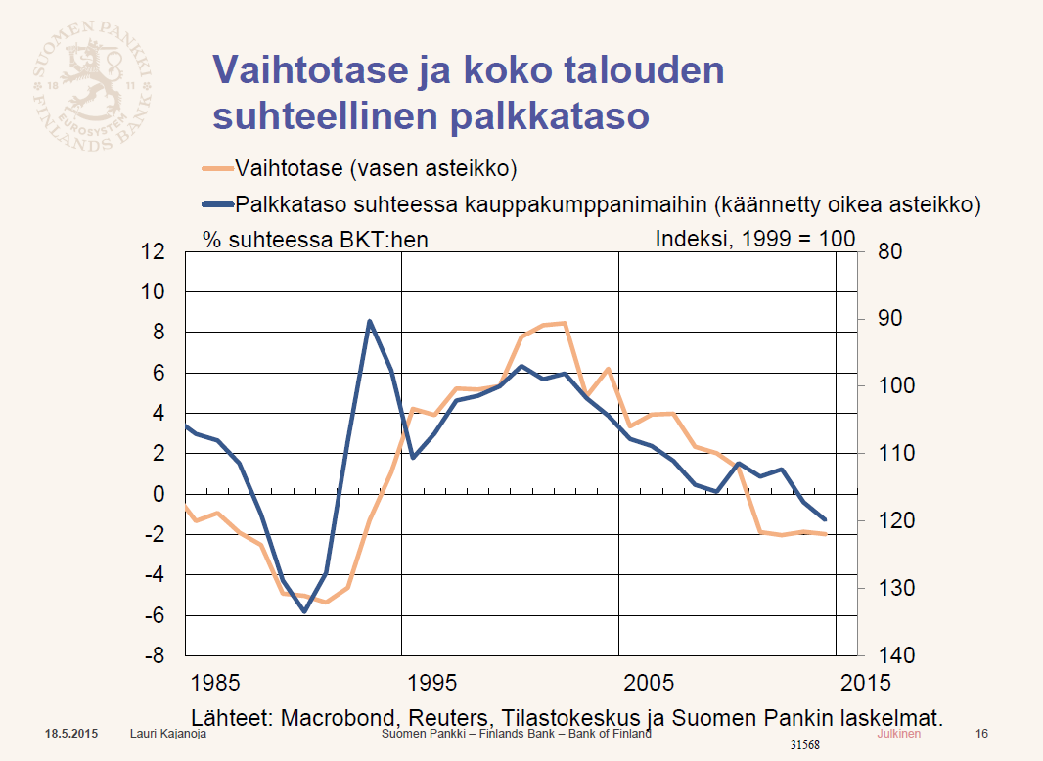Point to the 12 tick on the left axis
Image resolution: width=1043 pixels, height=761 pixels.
[153, 251]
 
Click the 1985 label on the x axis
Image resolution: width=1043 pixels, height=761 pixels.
[214, 682]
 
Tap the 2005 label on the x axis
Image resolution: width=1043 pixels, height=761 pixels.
[650, 682]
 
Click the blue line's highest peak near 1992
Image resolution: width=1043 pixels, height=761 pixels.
[369, 321]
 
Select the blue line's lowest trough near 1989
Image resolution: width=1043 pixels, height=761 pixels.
[304, 611]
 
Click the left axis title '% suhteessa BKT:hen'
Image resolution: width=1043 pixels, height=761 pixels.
[315, 239]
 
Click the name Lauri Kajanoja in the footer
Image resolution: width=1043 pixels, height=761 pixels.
[168, 733]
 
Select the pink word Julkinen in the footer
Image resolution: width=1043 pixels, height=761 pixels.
[898, 733]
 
